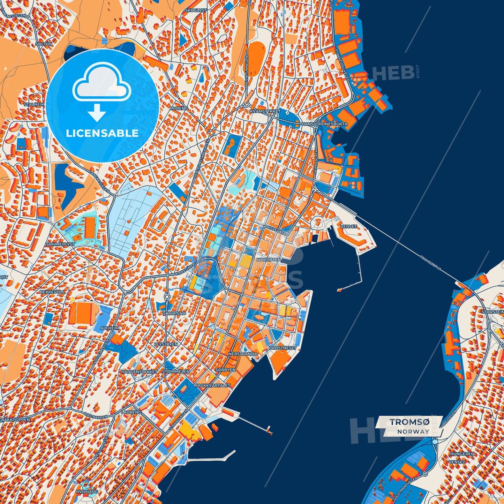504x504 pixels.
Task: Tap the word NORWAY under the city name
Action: [x=413, y=431]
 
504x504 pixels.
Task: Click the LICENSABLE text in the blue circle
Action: [x=102, y=133]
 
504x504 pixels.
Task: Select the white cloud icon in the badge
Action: [x=101, y=82]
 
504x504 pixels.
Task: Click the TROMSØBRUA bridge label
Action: [x=430, y=263]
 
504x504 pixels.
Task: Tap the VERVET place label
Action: [x=349, y=226]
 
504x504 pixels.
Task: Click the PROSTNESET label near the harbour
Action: [x=283, y=348]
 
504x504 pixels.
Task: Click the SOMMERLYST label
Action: [x=60, y=245]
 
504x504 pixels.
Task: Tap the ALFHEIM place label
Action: [x=110, y=328]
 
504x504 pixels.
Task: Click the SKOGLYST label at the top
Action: [x=196, y=10]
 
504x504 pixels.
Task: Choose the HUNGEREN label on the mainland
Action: [x=462, y=454]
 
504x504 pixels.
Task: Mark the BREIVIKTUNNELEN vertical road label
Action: [x=246, y=72]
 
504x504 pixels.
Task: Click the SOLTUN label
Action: [x=44, y=44]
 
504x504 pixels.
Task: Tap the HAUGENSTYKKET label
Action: [x=139, y=372]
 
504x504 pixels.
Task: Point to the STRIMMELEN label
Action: [x=176, y=372]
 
